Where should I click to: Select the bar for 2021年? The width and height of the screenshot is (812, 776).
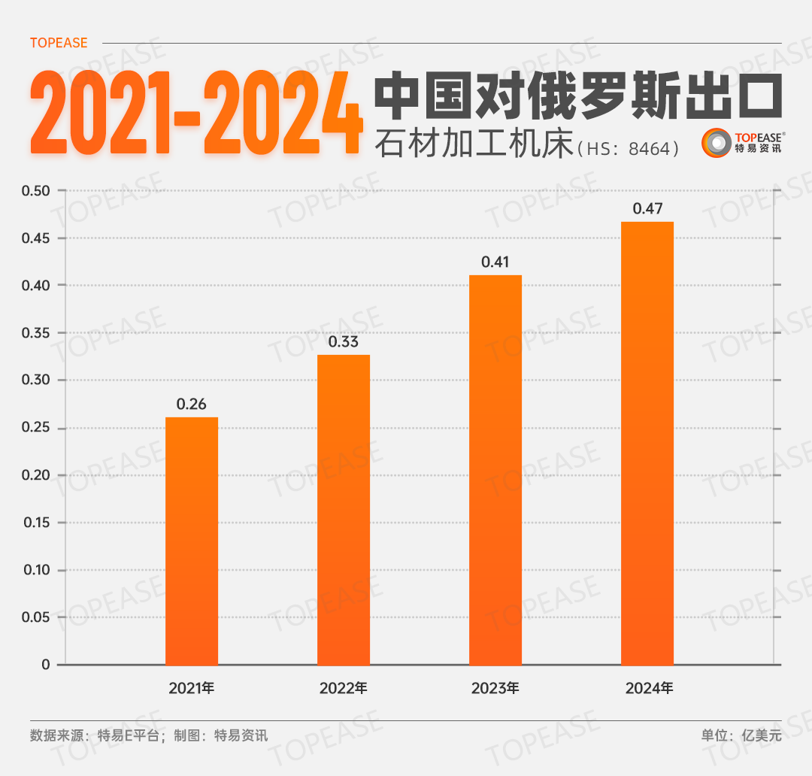[x=192, y=541]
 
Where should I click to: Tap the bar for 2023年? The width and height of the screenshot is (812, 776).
[x=495, y=469]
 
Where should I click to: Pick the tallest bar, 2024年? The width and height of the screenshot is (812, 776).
[x=647, y=443]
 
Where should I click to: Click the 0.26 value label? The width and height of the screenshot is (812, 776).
[x=192, y=404]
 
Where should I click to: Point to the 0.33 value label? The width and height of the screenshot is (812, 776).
[x=344, y=341]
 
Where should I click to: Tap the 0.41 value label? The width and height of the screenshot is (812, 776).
[x=495, y=262]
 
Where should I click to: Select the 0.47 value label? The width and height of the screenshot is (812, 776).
[x=647, y=208]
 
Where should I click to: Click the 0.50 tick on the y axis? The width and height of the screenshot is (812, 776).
[x=35, y=191]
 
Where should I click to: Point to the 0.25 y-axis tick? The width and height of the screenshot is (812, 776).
[x=35, y=428]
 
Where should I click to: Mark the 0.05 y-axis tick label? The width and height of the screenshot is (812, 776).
[x=35, y=617]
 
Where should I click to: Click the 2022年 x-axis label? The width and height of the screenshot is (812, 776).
[x=344, y=688]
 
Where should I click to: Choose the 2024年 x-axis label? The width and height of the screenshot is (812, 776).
[x=647, y=688]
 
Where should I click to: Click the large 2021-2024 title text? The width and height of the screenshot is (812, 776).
[x=195, y=114]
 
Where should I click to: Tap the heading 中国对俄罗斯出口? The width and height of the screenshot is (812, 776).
[x=577, y=95]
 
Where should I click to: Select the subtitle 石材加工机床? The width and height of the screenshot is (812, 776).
[x=474, y=143]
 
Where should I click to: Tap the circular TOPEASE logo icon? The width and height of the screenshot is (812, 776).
[x=716, y=143]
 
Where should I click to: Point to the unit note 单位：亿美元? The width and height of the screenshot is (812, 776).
[x=741, y=735]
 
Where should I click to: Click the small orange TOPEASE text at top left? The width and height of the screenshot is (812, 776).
[x=59, y=43]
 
